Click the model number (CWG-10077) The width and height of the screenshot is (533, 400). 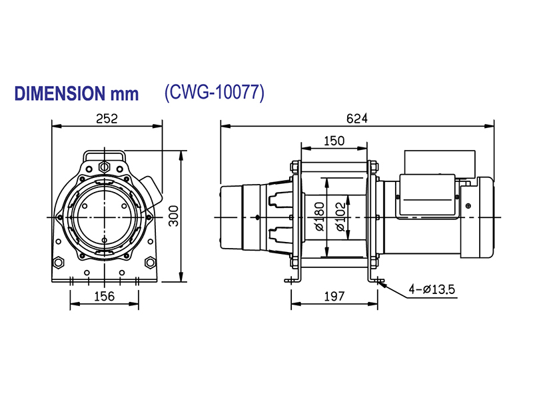[x=214, y=93]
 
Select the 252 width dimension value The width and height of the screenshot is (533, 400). [x=107, y=118]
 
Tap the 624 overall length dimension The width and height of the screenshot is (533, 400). [x=357, y=118]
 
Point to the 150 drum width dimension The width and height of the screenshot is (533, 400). [x=333, y=140]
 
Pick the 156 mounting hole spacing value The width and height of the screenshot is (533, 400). [x=105, y=295]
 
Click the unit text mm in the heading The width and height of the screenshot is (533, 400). [x=125, y=93]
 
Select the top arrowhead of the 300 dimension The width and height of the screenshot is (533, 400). [x=182, y=153]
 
